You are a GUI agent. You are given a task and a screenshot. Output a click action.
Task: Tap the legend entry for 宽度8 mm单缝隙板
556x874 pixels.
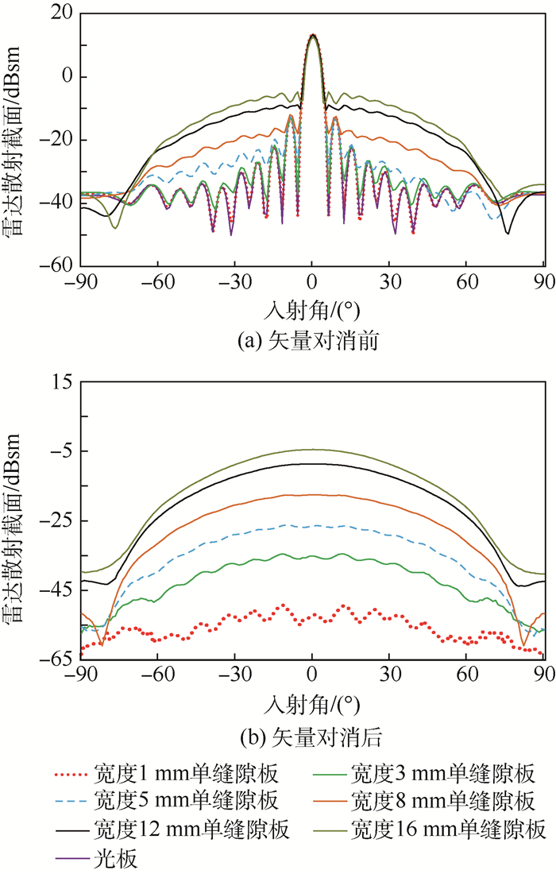(x=441, y=801)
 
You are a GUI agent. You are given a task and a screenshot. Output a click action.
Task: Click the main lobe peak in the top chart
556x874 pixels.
(x=312, y=35)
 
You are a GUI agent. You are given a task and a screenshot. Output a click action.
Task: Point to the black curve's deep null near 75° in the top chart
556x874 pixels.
(x=508, y=233)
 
